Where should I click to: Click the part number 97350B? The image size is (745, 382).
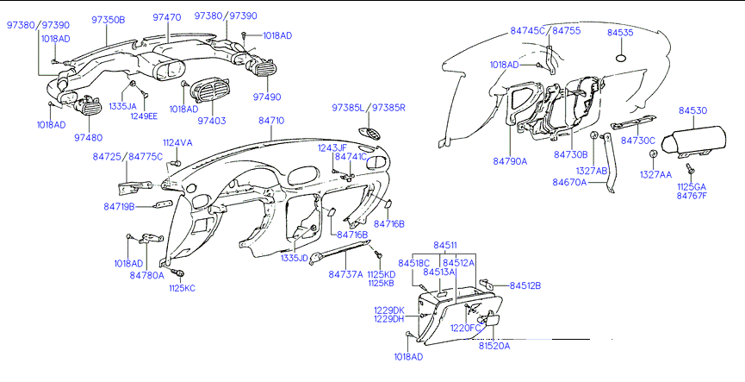coord(109,18)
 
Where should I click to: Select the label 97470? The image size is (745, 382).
coord(166,17)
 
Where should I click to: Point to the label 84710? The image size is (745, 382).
coord(271,121)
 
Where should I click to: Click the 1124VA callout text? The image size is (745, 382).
coord(177,142)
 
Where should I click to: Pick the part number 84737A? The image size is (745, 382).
coord(345,274)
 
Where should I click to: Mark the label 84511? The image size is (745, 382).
coord(445,246)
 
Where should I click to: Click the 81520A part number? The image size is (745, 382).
coord(495,346)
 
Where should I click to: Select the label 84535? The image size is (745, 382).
coord(620,32)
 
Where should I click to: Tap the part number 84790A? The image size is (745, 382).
coord(510,161)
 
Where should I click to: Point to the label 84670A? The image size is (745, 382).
coord(569,182)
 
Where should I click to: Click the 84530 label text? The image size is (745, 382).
coord(692,110)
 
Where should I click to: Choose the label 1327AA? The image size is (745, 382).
coord(655,174)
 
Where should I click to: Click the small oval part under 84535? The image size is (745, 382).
coord(620,59)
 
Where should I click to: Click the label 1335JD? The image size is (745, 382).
coord(294,258)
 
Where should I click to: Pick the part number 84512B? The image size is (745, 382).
coord(525,285)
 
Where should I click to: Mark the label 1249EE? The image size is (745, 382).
coord(145,116)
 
